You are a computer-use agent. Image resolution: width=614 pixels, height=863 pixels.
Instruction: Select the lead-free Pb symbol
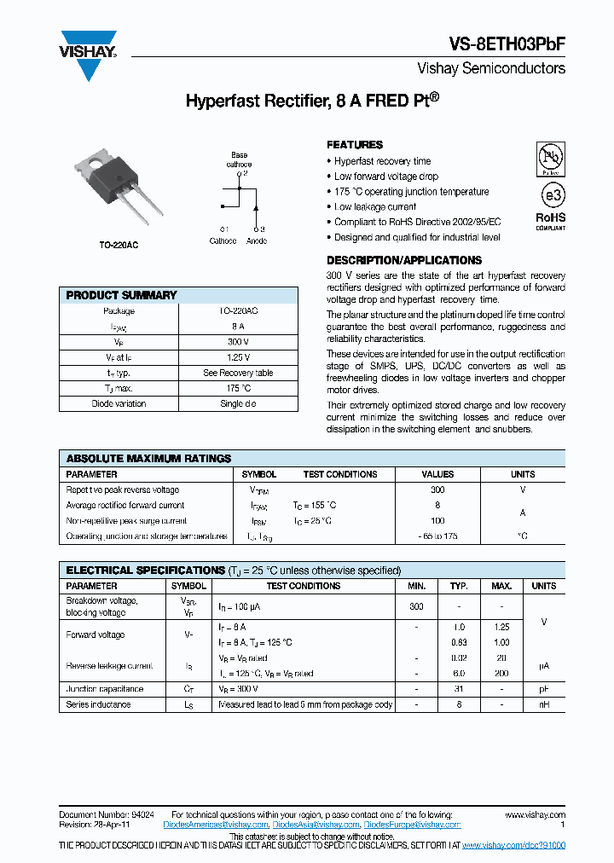click(x=551, y=159)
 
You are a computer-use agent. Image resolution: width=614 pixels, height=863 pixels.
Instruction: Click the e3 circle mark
click(x=552, y=195)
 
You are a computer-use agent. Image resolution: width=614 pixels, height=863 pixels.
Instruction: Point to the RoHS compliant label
click(x=550, y=221)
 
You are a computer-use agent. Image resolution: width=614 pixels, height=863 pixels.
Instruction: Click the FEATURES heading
click(x=355, y=145)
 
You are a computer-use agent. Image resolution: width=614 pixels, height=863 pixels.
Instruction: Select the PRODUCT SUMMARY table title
click(x=121, y=295)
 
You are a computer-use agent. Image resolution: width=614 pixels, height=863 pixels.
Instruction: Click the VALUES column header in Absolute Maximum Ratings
click(x=437, y=474)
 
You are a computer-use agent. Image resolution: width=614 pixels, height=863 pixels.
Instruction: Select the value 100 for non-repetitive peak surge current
click(x=437, y=520)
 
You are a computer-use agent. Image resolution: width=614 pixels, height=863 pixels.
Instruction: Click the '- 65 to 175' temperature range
click(x=437, y=536)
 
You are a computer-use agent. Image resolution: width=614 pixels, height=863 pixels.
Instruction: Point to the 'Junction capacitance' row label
click(x=104, y=689)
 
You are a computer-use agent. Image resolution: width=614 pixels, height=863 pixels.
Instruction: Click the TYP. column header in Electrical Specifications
click(x=459, y=586)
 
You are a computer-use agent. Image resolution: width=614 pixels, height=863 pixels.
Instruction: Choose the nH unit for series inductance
click(x=543, y=704)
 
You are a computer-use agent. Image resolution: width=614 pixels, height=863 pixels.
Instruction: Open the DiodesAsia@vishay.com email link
click(x=315, y=825)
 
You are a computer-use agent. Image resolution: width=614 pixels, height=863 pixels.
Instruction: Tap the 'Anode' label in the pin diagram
click(x=257, y=241)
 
